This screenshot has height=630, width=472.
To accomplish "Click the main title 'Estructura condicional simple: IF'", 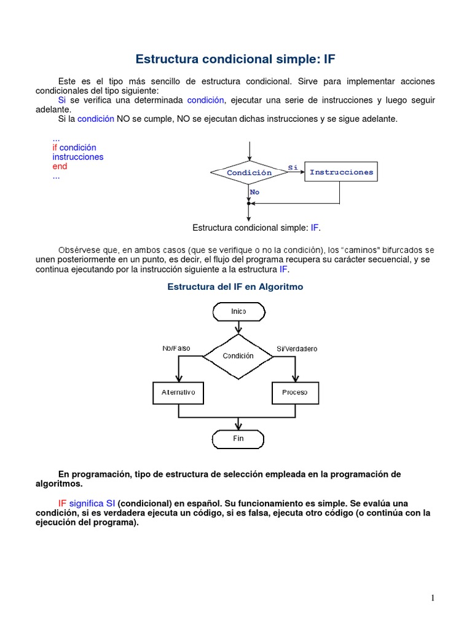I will click(235, 60).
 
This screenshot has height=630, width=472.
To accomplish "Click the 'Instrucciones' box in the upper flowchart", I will click(341, 172).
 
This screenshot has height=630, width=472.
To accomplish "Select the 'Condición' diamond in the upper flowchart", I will click(249, 173).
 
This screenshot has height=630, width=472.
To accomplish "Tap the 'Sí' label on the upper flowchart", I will click(293, 167).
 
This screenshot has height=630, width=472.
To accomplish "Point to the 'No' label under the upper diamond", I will click(254, 192).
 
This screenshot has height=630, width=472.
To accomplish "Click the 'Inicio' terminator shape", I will click(238, 311).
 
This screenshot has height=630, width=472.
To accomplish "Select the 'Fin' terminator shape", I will click(238, 439).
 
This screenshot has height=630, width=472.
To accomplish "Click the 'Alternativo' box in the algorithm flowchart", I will click(178, 392).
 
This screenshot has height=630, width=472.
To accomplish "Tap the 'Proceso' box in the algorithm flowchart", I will click(295, 392).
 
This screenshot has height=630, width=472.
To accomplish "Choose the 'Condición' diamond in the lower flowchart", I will click(238, 356).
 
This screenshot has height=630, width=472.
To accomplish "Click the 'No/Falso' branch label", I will click(176, 348).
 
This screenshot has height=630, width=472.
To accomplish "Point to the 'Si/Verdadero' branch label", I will click(297, 349).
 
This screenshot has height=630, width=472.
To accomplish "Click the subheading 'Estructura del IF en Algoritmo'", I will click(235, 287).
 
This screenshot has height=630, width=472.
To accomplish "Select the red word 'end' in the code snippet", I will click(60, 166).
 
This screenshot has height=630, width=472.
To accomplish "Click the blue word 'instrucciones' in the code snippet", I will click(78, 157).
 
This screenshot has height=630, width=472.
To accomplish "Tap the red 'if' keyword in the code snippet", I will click(55, 148).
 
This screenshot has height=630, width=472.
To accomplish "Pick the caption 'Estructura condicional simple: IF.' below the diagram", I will click(257, 228).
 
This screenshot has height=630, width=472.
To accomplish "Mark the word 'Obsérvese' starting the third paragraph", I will click(79, 250).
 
